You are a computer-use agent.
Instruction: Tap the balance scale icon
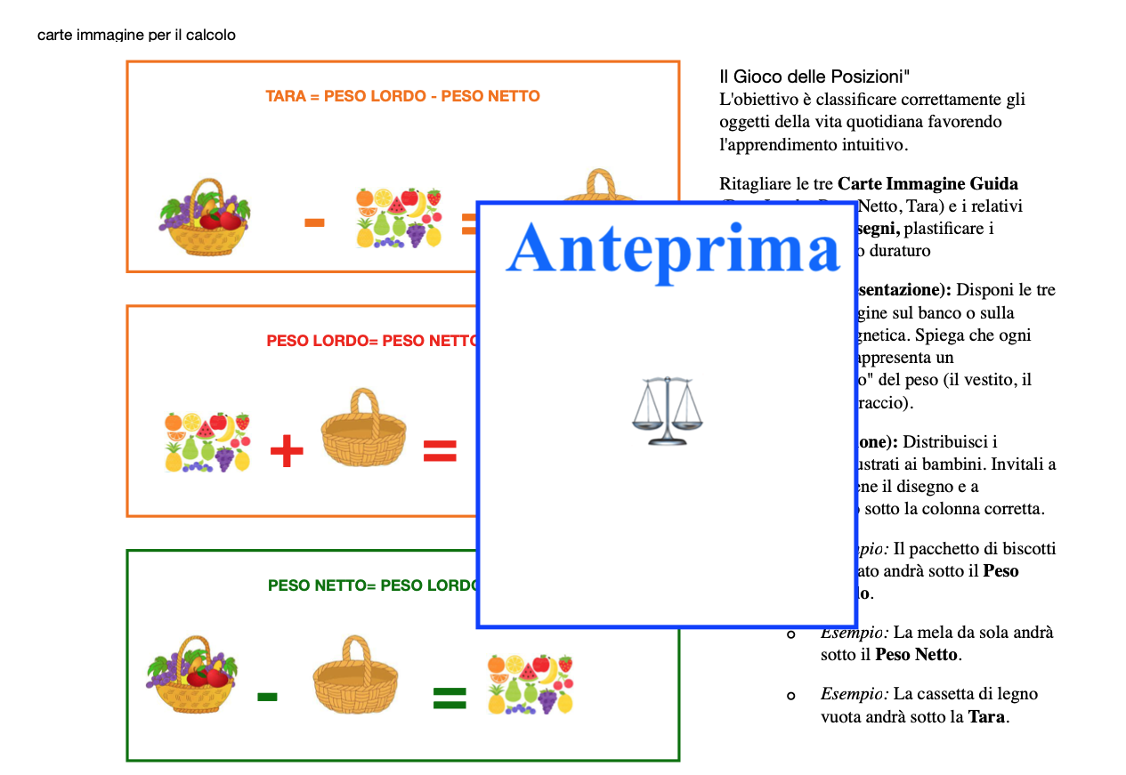(666, 410)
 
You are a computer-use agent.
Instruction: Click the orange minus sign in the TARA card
(313, 222)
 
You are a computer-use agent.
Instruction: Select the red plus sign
(287, 452)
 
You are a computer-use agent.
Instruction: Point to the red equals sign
(440, 451)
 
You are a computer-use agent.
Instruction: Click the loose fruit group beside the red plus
(207, 442)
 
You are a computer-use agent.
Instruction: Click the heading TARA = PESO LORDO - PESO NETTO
(402, 96)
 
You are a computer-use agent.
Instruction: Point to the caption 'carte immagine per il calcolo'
(136, 36)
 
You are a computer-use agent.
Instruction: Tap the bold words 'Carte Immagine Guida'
(928, 184)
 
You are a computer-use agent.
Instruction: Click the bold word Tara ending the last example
(987, 716)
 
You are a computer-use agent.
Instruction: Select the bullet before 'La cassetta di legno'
(790, 695)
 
